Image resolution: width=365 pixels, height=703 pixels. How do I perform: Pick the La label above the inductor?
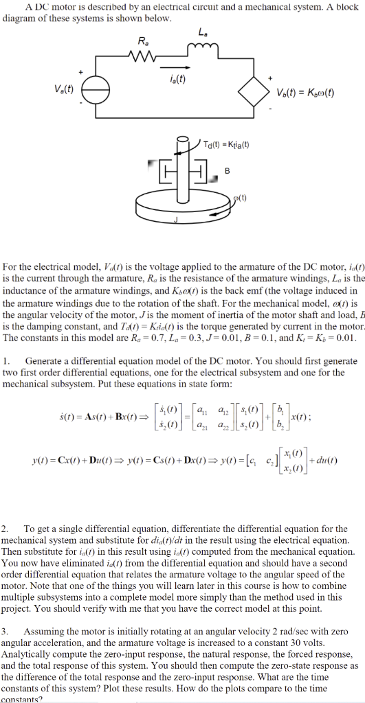(201, 32)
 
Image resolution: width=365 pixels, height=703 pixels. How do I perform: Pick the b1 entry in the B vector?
(277, 399)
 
